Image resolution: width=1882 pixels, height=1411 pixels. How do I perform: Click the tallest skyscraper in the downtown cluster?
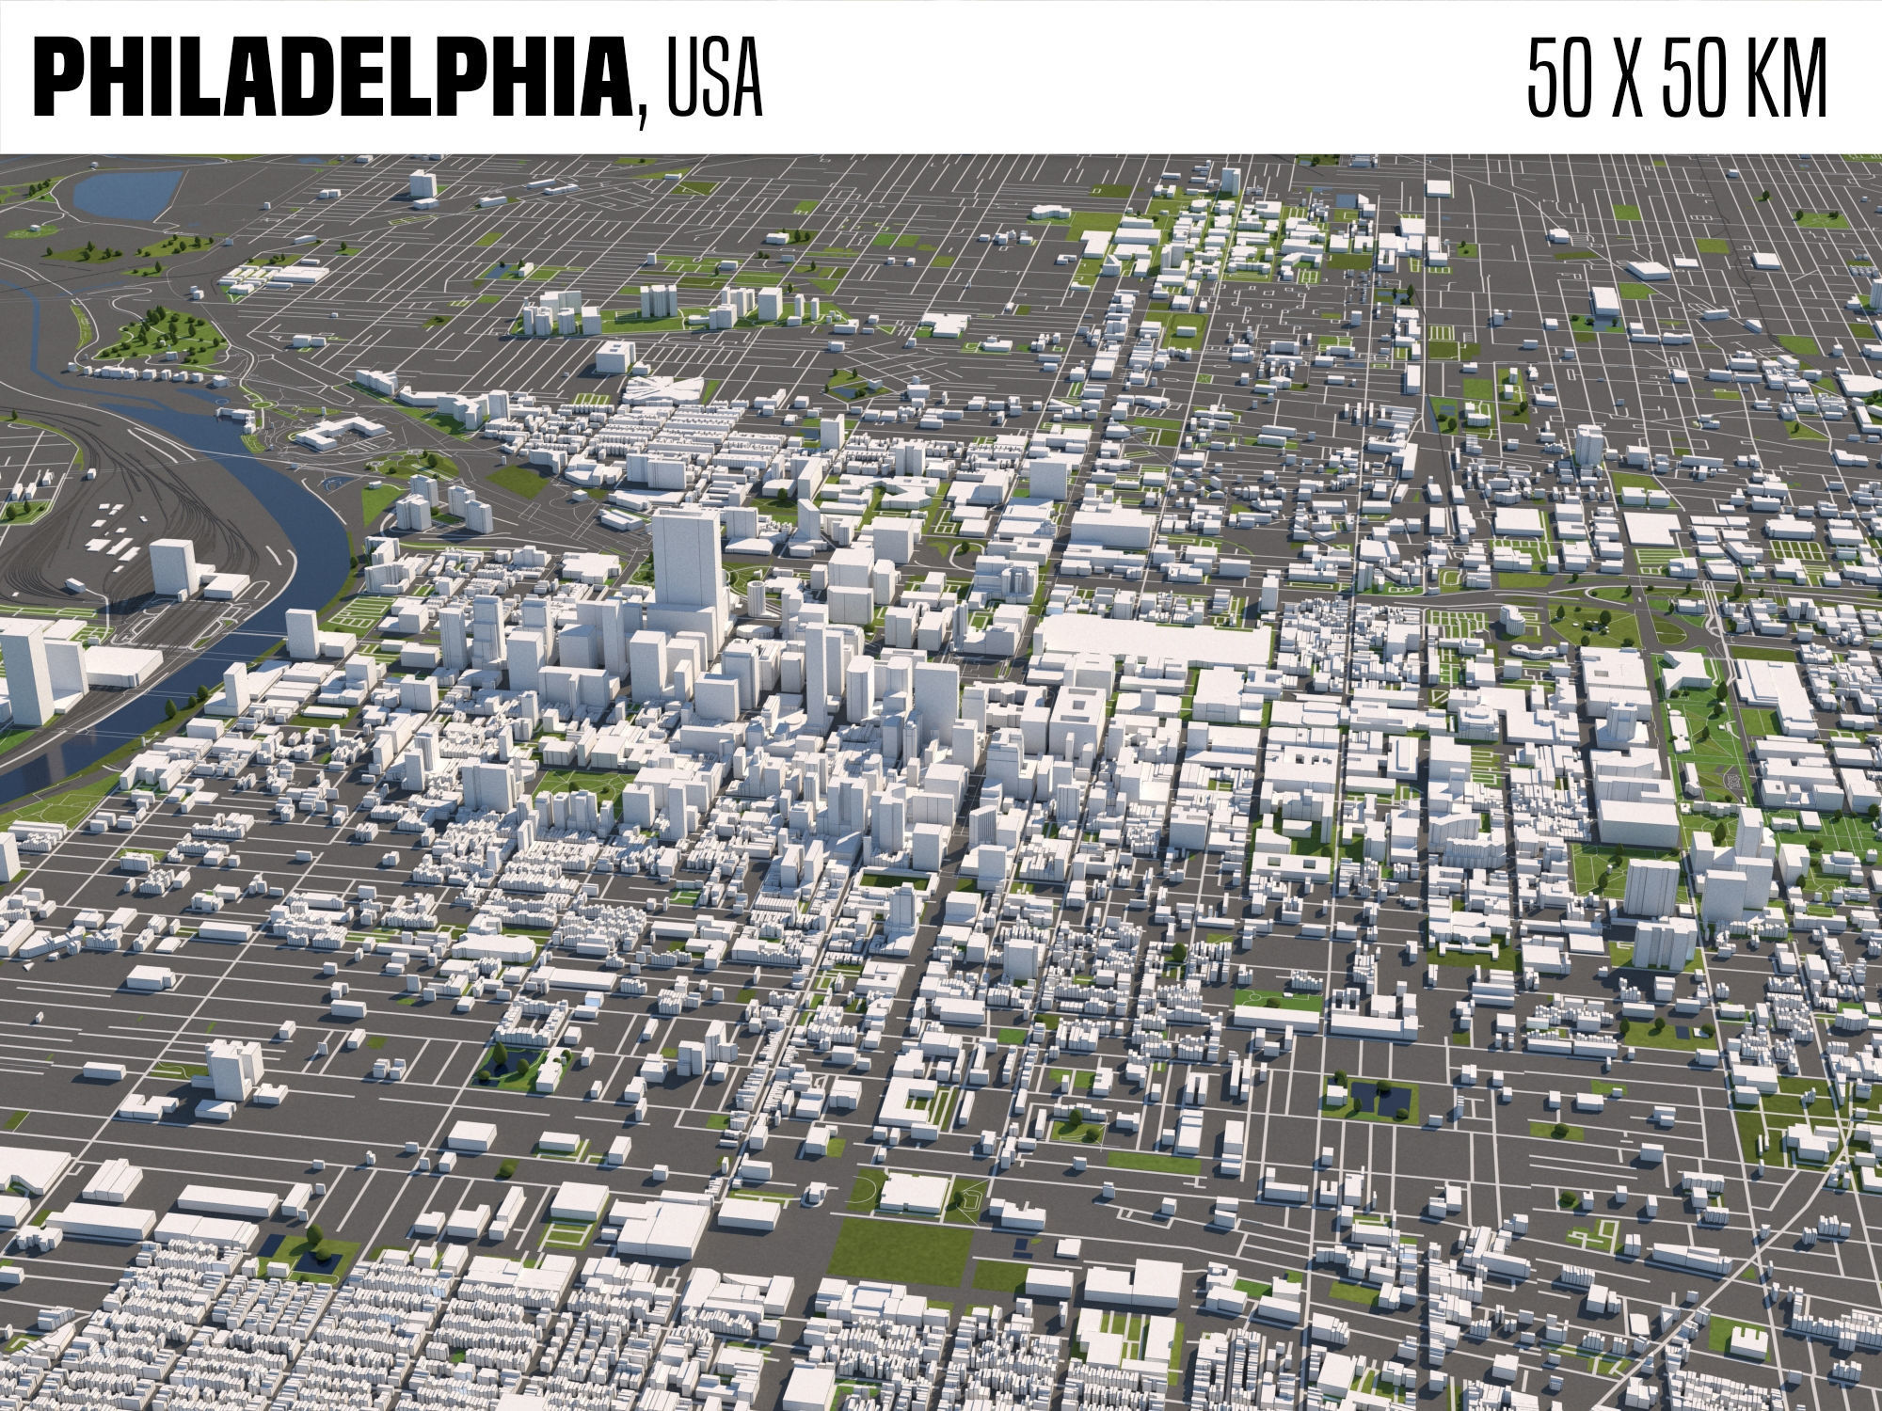(x=687, y=564)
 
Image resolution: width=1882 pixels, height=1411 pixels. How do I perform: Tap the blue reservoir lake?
(x=122, y=193)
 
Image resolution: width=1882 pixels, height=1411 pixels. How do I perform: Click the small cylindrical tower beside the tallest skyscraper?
(x=758, y=596)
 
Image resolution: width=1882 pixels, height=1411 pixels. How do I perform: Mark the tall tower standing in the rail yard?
(x=170, y=565)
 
